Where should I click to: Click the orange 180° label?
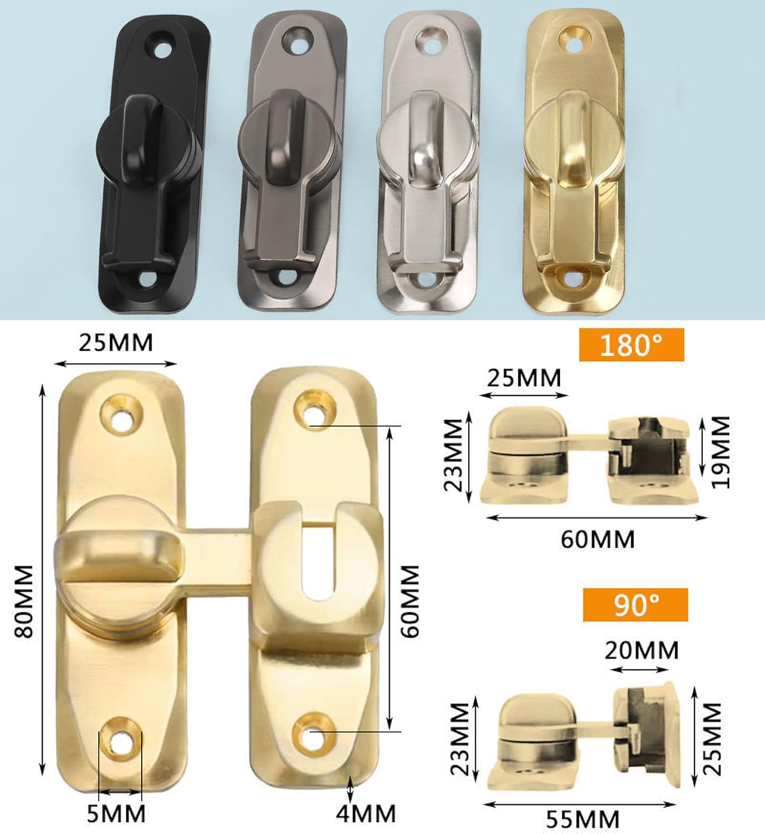point(631,345)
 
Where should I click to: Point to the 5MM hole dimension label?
point(116,814)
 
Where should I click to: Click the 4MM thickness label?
point(366,813)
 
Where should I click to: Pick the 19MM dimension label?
point(722,452)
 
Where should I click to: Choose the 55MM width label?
point(583,819)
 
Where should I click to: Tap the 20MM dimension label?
point(641,649)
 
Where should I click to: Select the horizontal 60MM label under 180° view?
point(598,539)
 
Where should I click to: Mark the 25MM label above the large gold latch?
point(116,343)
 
